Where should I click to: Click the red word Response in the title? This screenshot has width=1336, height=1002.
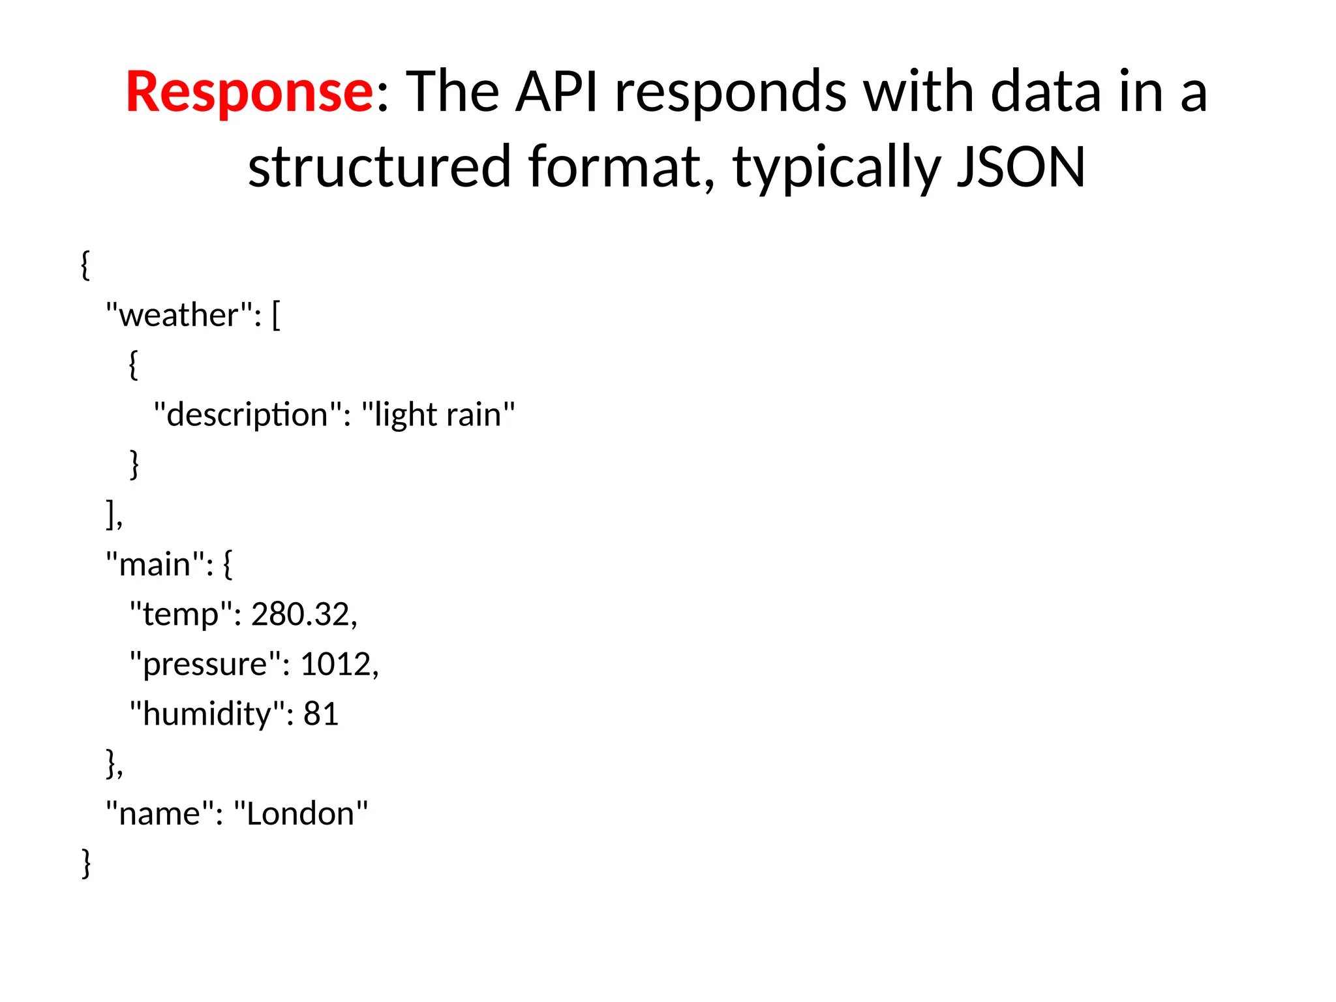[x=249, y=92]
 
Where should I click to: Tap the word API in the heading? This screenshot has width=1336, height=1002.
[x=556, y=92]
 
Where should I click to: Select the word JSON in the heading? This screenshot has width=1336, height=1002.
[x=1021, y=167]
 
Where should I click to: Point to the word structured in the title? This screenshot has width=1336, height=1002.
[x=379, y=167]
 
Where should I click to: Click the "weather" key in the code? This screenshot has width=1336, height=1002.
[x=179, y=316]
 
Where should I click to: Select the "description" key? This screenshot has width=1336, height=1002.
[x=247, y=416]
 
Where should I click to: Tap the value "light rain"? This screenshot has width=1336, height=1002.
[x=438, y=416]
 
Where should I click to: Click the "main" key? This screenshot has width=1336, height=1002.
[x=155, y=565]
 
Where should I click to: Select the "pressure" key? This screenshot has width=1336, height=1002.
[x=205, y=665]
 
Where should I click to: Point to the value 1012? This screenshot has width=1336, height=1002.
[x=335, y=665]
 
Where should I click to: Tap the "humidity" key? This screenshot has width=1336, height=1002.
[x=206, y=714]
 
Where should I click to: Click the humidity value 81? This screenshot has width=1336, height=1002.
[x=321, y=714]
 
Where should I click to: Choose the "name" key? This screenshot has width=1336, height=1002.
[x=160, y=814]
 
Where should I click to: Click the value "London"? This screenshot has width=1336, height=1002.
[x=301, y=814]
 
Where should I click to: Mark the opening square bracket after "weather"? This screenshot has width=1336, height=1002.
[x=276, y=316]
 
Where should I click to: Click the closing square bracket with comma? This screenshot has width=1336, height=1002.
[x=113, y=515]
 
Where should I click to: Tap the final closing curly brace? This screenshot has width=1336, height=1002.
[x=86, y=864]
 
